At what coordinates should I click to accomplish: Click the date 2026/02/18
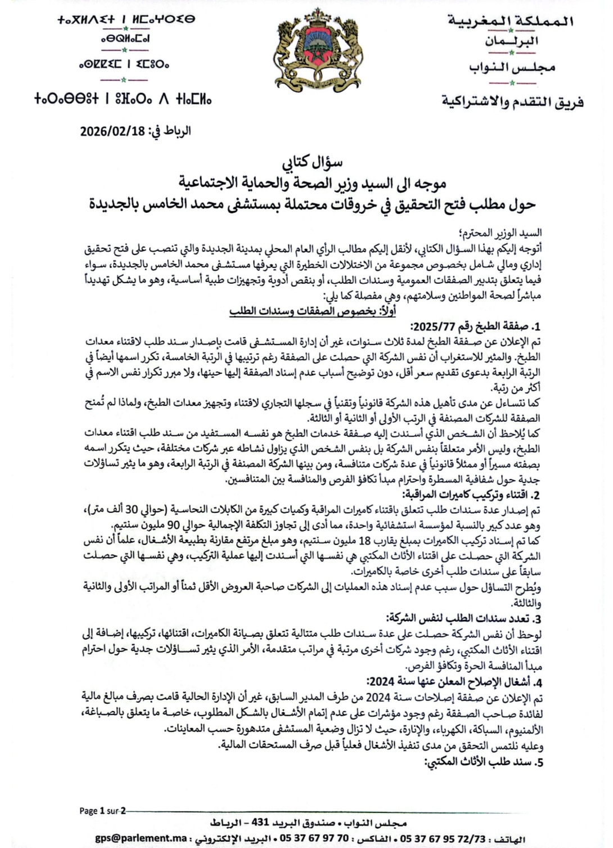(112, 131)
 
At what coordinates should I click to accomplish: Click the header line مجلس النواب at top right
(512, 68)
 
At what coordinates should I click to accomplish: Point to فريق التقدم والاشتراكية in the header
(512, 102)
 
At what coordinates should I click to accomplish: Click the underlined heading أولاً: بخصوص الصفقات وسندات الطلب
(313, 311)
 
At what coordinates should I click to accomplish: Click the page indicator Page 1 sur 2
(102, 811)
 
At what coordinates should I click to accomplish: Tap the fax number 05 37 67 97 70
(313, 838)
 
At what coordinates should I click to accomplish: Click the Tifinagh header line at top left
(127, 20)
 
